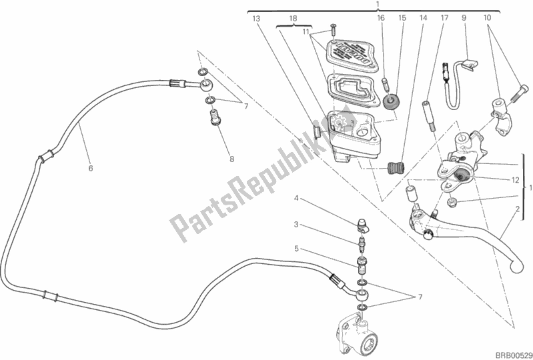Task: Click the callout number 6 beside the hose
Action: coord(91,168)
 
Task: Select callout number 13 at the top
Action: coord(255,19)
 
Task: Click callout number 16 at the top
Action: coord(380,19)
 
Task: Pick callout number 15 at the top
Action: coord(402,19)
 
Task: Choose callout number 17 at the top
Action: coord(444,19)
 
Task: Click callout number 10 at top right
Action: coord(487,19)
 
